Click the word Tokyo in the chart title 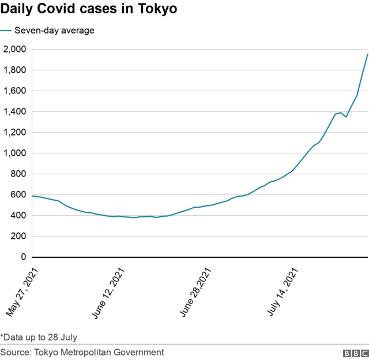pos(157,10)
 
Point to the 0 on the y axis pos(23,257)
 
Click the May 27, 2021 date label pos(21,292)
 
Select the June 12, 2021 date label pos(108,292)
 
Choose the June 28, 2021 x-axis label pos(196,292)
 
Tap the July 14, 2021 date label pos(284,292)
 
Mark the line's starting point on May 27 pos(32,196)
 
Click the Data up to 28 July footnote pos(39,337)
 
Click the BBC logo pos(354,352)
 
